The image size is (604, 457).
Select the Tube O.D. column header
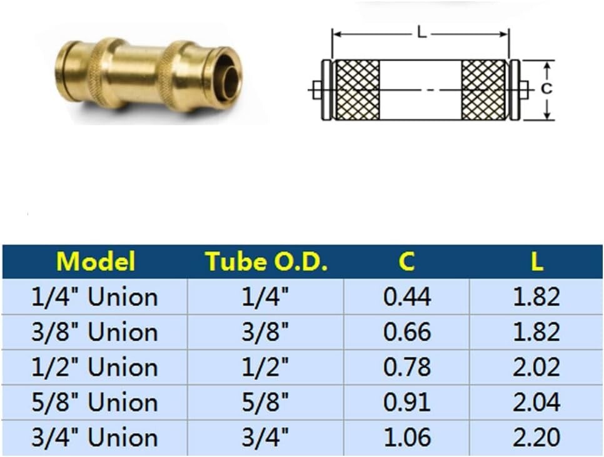coord(266,261)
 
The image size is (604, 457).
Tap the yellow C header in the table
coord(406,261)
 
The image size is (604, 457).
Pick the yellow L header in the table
coord(536,261)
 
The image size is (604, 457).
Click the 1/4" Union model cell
coord(95,297)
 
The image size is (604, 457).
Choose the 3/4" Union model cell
coord(95,438)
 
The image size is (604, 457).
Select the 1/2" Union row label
coord(95,367)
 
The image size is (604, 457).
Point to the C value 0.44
coord(406,297)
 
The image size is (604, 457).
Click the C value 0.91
coord(406,403)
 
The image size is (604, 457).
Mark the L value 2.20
coord(536,438)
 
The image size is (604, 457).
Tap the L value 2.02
coord(536,367)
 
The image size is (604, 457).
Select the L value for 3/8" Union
coord(536,332)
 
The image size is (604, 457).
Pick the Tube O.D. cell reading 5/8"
coord(266,403)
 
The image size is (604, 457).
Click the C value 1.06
coord(406,438)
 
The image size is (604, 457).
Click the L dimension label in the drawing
coord(422,33)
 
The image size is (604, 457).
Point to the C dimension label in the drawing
coord(546,89)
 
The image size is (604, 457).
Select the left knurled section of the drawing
coord(358,90)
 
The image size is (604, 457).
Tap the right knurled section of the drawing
coord(484,90)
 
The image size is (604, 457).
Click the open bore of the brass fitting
coord(231,80)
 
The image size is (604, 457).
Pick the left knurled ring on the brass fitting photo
coord(99,73)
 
